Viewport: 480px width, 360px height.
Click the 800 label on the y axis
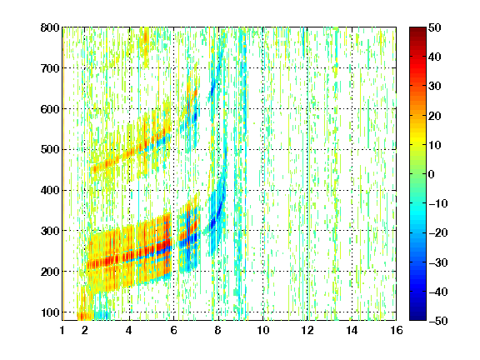pos(50,27)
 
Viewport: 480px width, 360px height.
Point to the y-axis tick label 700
pos(50,68)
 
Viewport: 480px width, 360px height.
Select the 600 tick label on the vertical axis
pos(50,109)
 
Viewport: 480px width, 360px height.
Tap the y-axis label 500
pos(50,150)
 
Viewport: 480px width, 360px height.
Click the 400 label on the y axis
pos(50,191)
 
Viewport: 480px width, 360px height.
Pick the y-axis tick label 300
pos(50,231)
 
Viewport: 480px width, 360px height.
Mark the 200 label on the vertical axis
pos(50,272)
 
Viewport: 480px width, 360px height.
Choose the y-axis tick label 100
pos(50,312)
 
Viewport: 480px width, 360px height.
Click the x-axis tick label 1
pos(62,330)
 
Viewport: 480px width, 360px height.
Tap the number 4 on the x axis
pos(129,330)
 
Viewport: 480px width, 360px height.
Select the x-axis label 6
pos(173,330)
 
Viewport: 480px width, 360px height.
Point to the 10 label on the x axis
pos(263,330)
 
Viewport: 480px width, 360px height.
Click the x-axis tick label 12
pos(307,330)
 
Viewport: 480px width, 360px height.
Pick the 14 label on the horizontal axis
pos(352,330)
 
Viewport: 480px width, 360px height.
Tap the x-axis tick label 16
pos(397,330)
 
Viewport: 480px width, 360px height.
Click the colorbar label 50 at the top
pos(435,27)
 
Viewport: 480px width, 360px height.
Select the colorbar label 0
pos(432,174)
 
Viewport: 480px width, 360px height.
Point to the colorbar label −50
pos(438,321)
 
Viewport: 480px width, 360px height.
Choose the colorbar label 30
pos(435,87)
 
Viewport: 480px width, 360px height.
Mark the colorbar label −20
pos(438,233)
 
